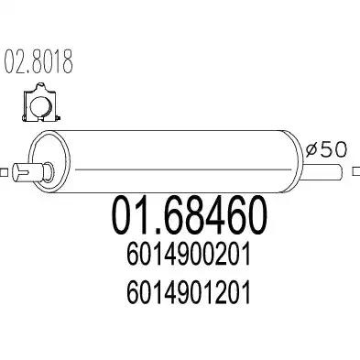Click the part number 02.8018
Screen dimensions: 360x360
pos(38,61)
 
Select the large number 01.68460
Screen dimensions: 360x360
pos(189,215)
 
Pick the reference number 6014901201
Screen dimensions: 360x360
pos(189,292)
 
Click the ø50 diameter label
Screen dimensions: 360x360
pos(326,149)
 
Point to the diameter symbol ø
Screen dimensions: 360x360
pos(311,150)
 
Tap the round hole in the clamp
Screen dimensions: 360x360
pos(41,105)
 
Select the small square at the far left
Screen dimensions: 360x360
pos(4,172)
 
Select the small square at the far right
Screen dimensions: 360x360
pos(356,171)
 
